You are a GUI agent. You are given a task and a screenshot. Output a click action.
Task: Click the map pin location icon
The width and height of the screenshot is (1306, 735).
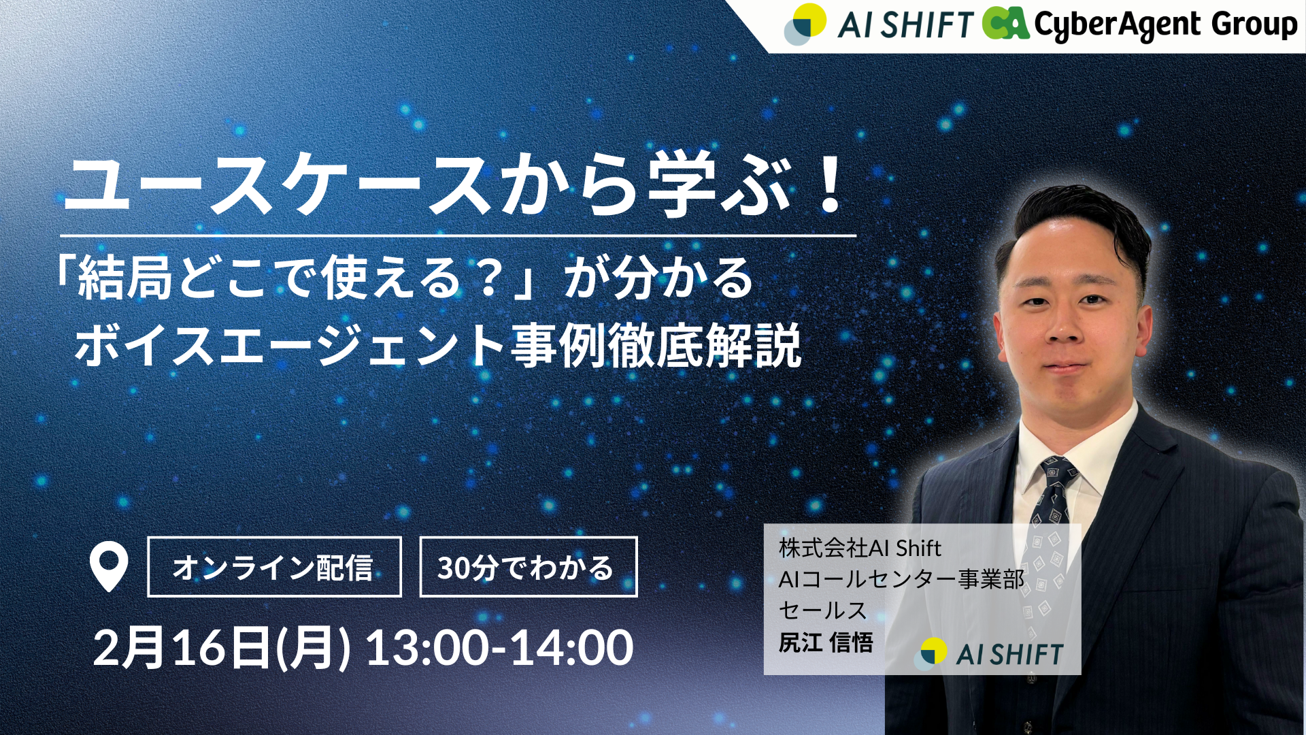click(109, 565)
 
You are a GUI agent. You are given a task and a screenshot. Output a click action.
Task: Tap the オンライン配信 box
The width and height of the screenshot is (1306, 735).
click(274, 567)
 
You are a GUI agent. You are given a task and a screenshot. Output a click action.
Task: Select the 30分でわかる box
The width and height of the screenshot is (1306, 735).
click(529, 567)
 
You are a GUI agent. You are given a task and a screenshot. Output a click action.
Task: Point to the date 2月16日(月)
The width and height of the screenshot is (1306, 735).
click(222, 649)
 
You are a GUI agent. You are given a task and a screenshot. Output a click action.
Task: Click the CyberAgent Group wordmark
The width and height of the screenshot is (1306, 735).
click(1165, 25)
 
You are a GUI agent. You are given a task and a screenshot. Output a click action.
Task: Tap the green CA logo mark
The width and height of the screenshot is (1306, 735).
click(1005, 22)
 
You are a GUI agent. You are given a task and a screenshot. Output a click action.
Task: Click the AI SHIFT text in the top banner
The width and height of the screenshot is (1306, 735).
click(905, 26)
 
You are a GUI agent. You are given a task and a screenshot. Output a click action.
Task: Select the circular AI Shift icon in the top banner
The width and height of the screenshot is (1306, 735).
click(805, 24)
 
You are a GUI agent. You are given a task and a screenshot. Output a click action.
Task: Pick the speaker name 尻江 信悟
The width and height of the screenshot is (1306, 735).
click(826, 642)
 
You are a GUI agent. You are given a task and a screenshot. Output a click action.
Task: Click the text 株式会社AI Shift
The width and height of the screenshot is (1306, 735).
click(860, 548)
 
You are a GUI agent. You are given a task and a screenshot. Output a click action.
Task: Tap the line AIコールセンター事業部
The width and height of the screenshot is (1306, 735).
click(901, 579)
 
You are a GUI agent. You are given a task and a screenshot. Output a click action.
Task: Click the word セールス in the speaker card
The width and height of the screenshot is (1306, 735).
click(823, 610)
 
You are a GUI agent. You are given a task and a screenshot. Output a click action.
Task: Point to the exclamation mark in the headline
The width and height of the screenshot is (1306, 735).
click(831, 185)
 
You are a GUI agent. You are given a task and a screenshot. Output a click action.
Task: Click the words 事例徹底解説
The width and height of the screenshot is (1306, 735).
click(656, 346)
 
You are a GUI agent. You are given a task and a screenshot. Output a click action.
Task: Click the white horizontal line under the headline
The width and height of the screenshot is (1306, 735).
click(458, 235)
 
